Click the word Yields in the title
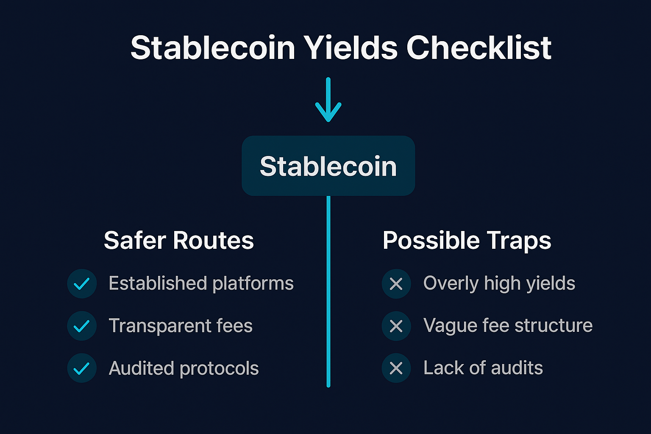(x=351, y=47)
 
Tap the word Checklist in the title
(x=479, y=47)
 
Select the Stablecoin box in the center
(x=328, y=166)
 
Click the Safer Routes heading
(x=179, y=240)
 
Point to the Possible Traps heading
(x=467, y=240)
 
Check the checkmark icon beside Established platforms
(x=82, y=284)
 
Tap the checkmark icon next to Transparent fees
(x=82, y=326)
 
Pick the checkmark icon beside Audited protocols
(x=82, y=368)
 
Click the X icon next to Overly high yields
(x=396, y=284)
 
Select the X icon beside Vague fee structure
(x=396, y=326)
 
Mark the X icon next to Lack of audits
(x=396, y=368)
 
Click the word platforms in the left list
(x=253, y=284)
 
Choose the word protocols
(x=219, y=368)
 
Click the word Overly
(x=451, y=284)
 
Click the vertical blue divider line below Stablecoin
(x=328, y=292)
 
